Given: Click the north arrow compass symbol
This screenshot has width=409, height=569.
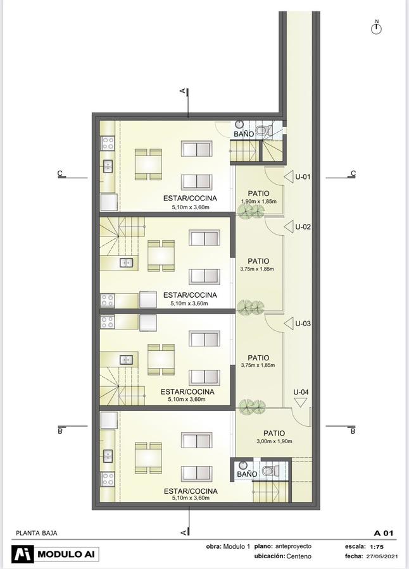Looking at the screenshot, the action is tap(376, 28).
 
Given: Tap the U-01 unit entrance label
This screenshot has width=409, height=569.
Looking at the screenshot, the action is tap(303, 177).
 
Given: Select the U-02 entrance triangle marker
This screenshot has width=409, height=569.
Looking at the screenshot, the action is tap(289, 227).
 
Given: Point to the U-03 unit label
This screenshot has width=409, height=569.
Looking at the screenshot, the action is tap(303, 323).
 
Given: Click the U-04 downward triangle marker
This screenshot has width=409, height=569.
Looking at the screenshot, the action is tap(300, 402).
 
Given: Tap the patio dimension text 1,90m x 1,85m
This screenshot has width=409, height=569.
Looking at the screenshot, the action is tap(259, 201).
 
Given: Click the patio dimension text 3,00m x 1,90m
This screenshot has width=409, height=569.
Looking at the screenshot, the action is tap(275, 441).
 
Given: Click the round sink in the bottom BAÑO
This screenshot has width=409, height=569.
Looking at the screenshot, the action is tap(242, 465).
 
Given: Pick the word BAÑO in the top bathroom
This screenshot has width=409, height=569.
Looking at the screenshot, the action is tap(244, 134).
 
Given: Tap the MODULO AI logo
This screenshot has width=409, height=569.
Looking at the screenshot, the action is tap(55, 554).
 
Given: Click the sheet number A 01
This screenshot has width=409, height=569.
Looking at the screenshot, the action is tap(384, 533).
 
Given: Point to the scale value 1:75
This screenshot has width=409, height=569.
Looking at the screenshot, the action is tap(377, 547).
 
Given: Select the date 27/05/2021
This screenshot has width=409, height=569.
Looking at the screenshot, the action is tap(382, 556).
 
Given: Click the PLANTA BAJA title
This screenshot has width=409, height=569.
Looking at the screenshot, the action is tap(37, 533).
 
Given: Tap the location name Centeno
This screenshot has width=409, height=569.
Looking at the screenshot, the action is tap(299, 556).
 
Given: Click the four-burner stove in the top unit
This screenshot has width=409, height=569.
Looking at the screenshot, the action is tap(108, 143).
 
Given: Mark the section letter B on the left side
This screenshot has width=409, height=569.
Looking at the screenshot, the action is tap(60, 431).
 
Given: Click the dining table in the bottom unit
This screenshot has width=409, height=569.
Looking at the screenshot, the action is tap(148, 458).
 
